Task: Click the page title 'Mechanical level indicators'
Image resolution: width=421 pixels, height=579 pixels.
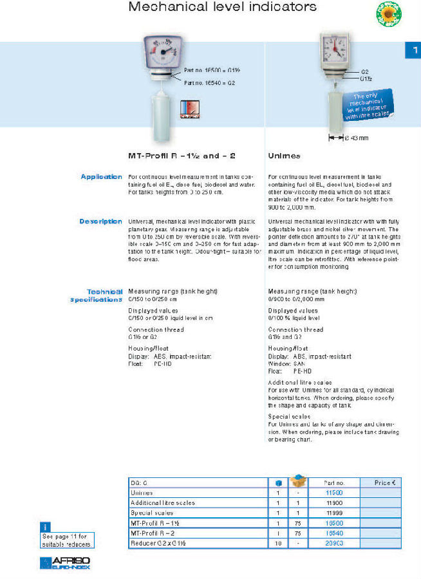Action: pyautogui.click(x=223, y=7)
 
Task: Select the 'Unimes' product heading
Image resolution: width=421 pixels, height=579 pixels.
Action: pyautogui.click(x=283, y=156)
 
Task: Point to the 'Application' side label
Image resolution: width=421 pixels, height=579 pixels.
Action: pyautogui.click(x=101, y=176)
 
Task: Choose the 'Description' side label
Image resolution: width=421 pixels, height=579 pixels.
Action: pyautogui.click(x=100, y=221)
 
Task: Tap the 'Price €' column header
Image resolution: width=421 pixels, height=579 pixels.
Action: pyautogui.click(x=385, y=482)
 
